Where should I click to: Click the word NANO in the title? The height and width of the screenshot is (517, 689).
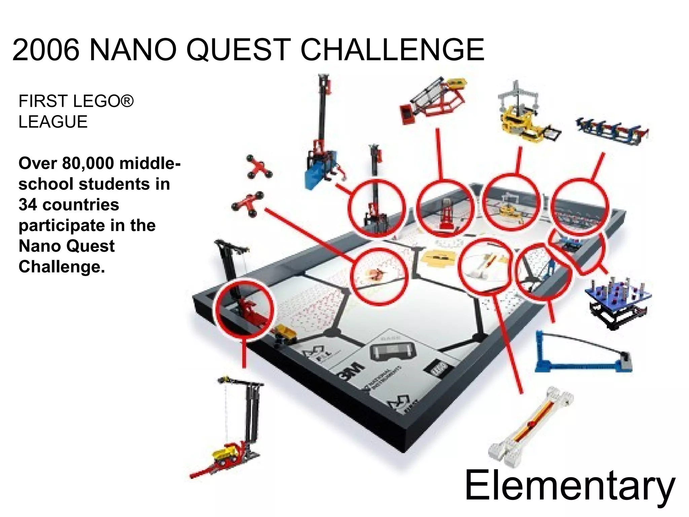[x=133, y=50]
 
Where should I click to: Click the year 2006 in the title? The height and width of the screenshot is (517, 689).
[x=46, y=50]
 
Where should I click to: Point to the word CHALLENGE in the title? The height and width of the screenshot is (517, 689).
[x=392, y=50]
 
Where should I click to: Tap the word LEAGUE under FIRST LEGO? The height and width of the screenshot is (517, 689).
[x=53, y=122]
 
